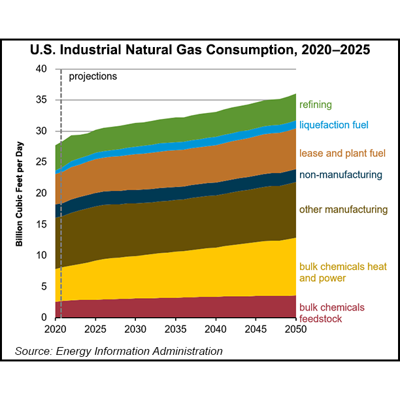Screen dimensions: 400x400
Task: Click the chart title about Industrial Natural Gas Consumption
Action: pyautogui.click(x=200, y=50)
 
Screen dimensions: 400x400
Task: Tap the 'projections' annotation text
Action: pyautogui.click(x=93, y=76)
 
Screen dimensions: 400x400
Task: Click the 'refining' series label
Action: pyautogui.click(x=316, y=105)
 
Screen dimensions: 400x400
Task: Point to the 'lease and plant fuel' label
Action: pyautogui.click(x=342, y=153)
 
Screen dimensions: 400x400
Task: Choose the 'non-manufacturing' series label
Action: pyautogui.click(x=340, y=175)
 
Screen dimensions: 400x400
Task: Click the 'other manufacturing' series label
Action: pyautogui.click(x=343, y=210)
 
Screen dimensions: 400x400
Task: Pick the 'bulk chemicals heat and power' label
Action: pyautogui.click(x=341, y=273)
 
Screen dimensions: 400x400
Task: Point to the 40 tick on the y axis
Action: pyautogui.click(x=42, y=69)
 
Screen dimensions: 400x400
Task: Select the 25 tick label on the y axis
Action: pyautogui.click(x=42, y=162)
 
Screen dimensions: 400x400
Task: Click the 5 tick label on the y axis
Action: pyautogui.click(x=44, y=286)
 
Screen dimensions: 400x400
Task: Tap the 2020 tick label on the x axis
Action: pyautogui.click(x=55, y=329)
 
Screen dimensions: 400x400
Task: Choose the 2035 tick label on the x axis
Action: pyautogui.click(x=175, y=329)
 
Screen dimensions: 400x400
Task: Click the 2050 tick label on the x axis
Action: pyautogui.click(x=295, y=329)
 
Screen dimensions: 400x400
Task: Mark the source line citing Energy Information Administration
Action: pyautogui.click(x=119, y=352)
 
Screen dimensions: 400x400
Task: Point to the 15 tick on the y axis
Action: pyautogui.click(x=42, y=224)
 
